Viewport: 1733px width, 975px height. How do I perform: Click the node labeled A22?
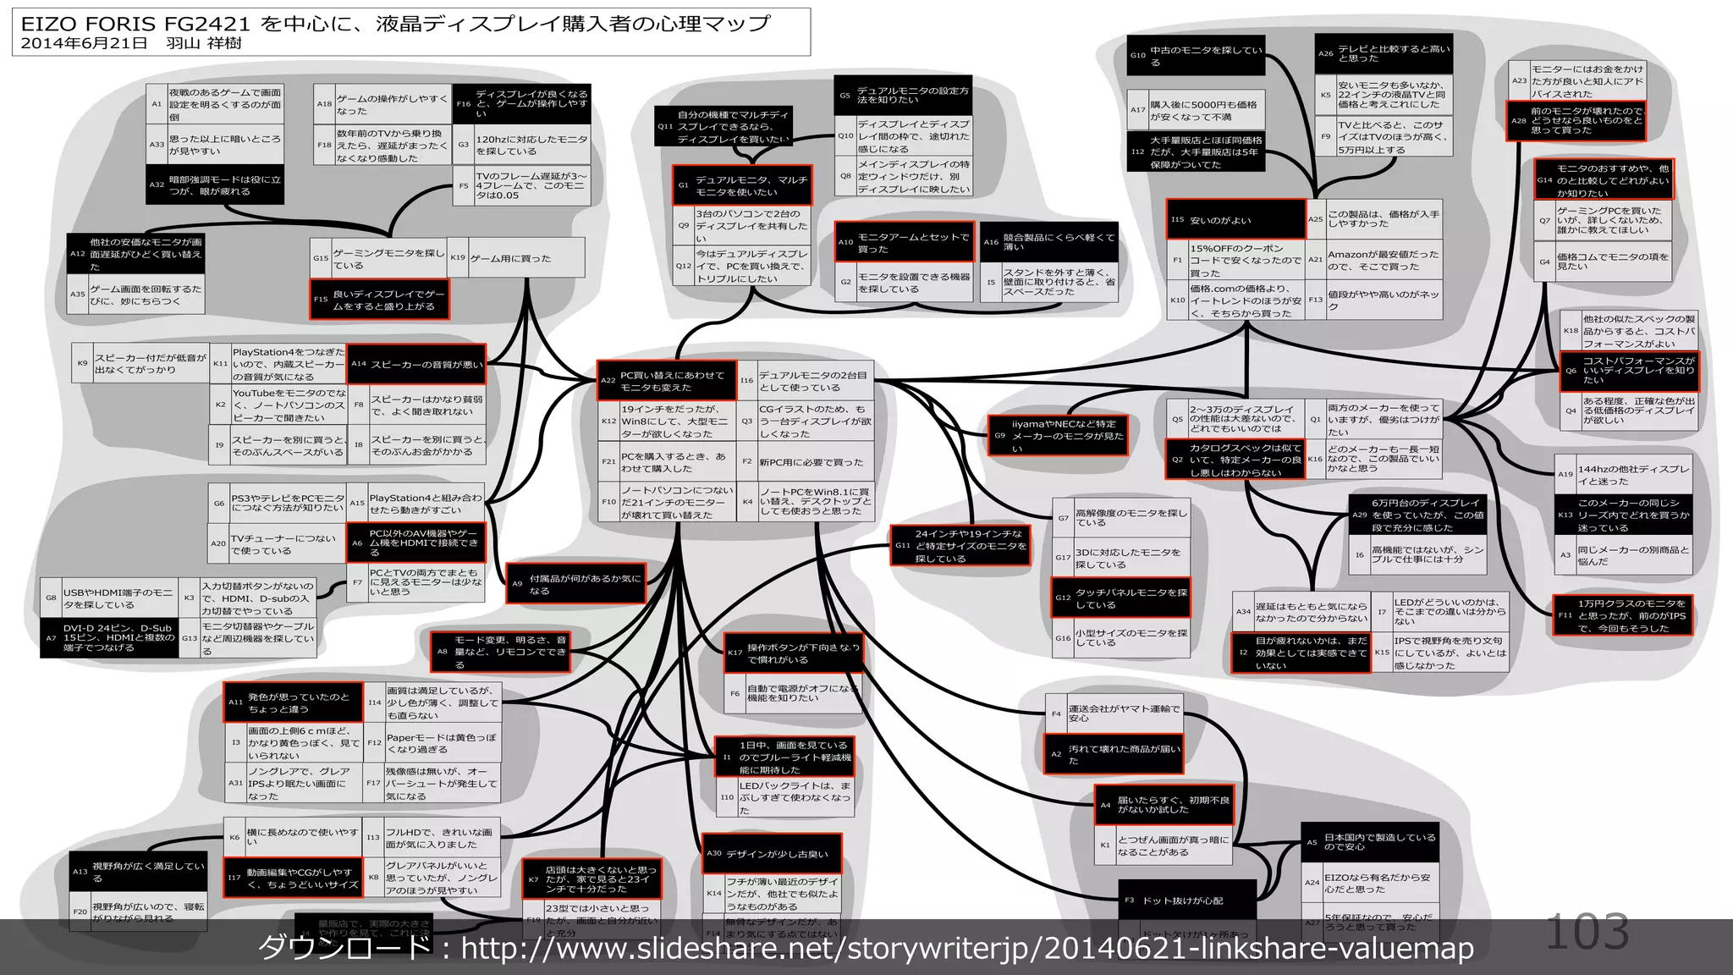click(667, 381)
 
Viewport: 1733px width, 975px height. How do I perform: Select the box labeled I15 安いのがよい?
click(1235, 220)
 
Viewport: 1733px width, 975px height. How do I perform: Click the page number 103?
click(1587, 932)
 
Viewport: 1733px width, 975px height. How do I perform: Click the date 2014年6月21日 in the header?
click(84, 43)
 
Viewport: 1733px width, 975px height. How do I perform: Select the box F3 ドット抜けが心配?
click(1189, 901)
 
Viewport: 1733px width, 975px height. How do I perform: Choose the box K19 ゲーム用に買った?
click(515, 258)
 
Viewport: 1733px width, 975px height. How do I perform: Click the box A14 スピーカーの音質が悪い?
click(416, 365)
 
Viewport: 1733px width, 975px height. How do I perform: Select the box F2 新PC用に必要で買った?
click(805, 462)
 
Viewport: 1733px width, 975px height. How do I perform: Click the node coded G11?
click(960, 546)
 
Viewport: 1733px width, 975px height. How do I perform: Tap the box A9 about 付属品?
click(575, 584)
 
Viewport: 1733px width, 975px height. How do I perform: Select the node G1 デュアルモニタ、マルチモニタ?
click(742, 185)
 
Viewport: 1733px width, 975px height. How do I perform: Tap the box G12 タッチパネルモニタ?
click(1120, 598)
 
